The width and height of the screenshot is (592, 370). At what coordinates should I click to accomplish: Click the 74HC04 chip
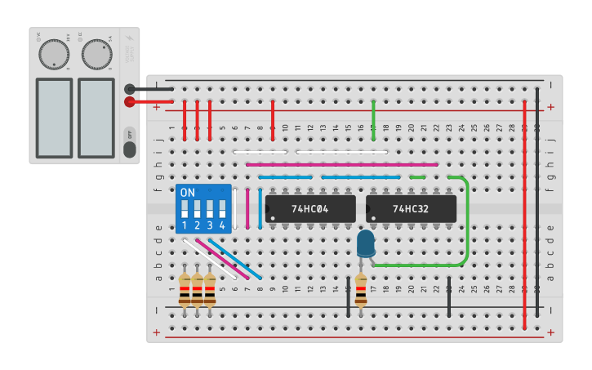[310, 208]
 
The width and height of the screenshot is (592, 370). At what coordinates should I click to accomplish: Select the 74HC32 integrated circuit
[411, 208]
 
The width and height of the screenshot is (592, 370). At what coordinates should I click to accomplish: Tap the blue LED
[366, 243]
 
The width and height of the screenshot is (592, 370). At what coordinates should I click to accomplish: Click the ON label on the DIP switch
[188, 193]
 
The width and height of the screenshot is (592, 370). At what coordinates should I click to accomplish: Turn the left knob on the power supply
[54, 54]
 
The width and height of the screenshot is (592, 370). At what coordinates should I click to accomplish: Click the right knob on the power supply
[96, 54]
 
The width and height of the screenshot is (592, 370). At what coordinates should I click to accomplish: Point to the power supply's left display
[54, 117]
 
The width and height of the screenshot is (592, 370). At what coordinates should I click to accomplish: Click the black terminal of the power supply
[130, 89]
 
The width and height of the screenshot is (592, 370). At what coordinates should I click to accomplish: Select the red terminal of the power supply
[130, 102]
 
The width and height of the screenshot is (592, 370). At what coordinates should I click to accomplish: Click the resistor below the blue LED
[360, 290]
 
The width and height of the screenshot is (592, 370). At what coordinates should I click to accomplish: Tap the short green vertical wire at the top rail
[373, 116]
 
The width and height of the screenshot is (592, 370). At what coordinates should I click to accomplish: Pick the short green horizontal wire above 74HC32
[417, 176]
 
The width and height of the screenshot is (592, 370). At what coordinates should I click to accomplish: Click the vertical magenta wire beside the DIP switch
[247, 208]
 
